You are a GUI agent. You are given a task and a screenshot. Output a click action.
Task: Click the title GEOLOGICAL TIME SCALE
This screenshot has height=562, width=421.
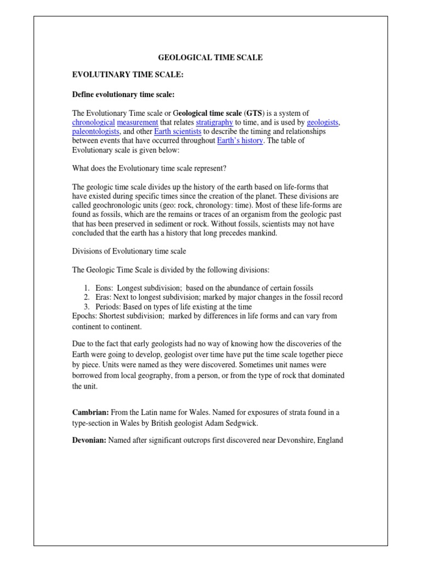(x=210, y=57)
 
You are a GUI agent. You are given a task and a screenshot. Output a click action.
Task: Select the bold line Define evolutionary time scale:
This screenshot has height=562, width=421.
(x=123, y=94)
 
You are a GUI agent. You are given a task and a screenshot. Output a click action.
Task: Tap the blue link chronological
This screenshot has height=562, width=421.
(x=93, y=122)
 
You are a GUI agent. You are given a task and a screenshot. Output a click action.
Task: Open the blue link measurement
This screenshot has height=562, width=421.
(x=137, y=122)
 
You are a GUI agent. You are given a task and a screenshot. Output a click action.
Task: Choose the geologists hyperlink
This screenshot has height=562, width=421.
(x=323, y=122)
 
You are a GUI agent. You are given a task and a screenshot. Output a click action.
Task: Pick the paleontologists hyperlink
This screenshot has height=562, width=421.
(x=95, y=132)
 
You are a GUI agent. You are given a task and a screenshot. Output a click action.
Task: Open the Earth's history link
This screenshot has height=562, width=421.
(x=240, y=141)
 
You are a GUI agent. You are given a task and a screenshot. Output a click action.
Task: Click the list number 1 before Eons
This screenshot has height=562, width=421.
(x=87, y=288)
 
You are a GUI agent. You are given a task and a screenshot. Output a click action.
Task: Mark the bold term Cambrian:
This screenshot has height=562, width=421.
(x=90, y=412)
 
